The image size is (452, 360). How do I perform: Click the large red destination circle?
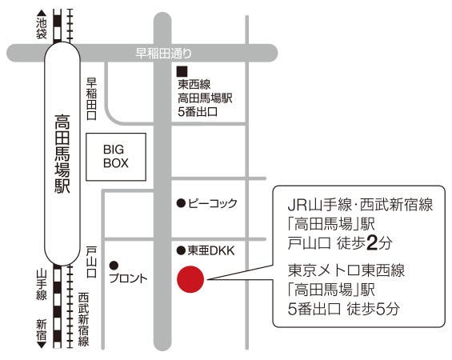coord(191,279)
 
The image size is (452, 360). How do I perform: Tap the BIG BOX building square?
coord(125,156)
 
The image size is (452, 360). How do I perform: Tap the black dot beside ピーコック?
coord(181,203)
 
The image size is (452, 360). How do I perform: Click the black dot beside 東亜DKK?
coord(181,251)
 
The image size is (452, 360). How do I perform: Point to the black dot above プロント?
coord(114,265)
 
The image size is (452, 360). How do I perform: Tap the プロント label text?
coord(129,278)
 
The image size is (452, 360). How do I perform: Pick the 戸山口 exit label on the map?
coord(91,261)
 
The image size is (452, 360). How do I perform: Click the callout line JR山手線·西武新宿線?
coord(360,205)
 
